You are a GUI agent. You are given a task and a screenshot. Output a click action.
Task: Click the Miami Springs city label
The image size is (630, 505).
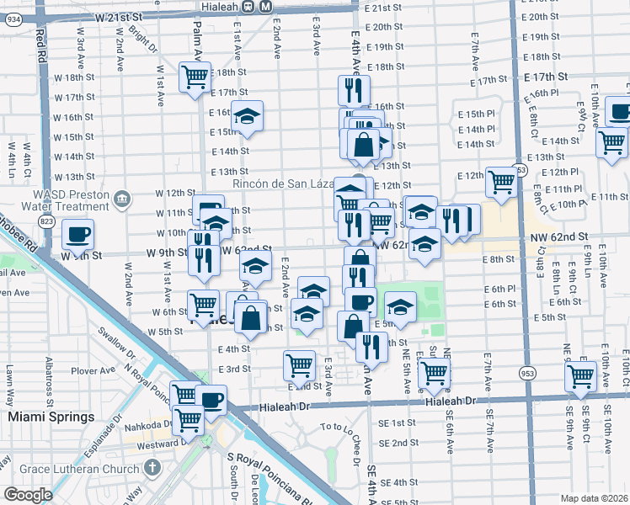pos(51,417)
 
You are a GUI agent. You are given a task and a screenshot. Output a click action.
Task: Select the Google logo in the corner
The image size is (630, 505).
pos(27,495)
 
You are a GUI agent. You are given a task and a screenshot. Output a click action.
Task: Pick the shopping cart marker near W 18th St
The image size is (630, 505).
pos(195,77)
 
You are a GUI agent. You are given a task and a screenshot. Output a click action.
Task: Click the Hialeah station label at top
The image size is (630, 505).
pos(213,5)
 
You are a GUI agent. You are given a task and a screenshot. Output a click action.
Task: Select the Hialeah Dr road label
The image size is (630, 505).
pos(451,402)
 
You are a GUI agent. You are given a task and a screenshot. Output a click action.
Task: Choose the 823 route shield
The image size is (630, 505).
pos(45,221)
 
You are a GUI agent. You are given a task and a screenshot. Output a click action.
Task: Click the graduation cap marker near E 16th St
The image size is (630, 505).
pos(247,116)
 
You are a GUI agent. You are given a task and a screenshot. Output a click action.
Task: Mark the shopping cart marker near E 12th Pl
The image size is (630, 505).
pos(501,180)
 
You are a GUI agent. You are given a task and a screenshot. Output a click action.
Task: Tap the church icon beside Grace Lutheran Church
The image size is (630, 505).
pos(152,466)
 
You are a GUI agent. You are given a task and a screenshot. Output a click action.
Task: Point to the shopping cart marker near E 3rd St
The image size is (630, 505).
pos(300,365)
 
